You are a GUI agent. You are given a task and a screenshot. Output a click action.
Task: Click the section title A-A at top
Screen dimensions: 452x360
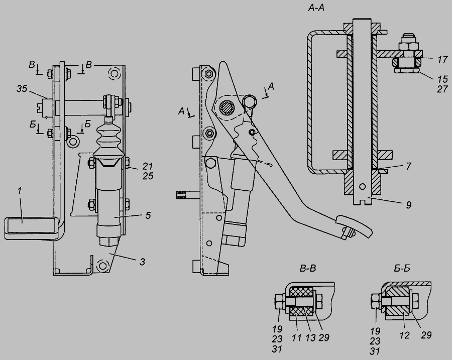tap(316, 8)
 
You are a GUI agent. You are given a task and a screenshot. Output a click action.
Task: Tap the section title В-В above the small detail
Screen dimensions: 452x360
tap(308, 269)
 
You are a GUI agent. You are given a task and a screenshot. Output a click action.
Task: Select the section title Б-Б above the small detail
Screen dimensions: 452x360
tap(402, 268)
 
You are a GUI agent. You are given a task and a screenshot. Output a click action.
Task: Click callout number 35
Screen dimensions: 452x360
tap(22, 89)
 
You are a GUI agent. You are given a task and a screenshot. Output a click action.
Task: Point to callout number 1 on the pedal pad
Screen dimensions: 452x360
tap(19, 191)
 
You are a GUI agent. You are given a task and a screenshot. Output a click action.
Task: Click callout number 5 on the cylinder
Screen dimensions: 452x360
tap(148, 215)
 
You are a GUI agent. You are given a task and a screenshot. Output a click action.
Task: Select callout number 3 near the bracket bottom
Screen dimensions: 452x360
tap(143, 262)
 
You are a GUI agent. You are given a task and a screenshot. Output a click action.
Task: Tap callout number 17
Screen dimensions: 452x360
tap(442, 60)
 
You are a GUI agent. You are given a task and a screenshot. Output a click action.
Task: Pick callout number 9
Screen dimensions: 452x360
tap(408, 205)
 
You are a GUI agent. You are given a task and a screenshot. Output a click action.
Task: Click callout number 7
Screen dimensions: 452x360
tap(409, 166)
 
